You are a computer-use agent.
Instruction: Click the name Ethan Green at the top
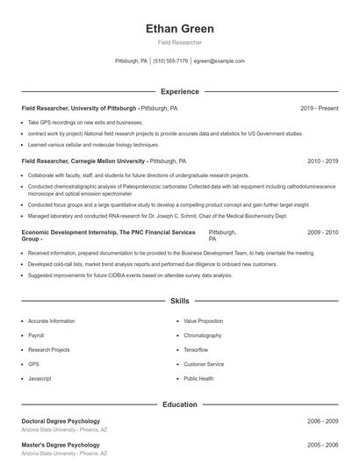[179, 28]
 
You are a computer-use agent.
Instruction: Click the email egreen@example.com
[219, 61]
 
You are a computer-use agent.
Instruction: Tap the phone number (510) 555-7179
[170, 61]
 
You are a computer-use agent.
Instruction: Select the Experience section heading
[179, 91]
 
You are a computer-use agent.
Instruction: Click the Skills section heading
[179, 301]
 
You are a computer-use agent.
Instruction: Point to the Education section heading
[179, 404]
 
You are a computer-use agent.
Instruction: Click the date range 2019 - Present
[319, 109]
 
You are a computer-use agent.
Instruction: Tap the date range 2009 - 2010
[322, 232]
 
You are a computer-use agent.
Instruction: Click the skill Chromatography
[202, 335]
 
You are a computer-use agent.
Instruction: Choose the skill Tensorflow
[197, 349]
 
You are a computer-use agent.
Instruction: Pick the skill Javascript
[40, 378]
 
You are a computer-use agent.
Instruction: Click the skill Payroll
[36, 335]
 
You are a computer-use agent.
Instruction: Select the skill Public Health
[198, 378]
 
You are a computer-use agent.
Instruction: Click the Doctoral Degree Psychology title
[61, 421]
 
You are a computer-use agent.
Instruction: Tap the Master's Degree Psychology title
[61, 445]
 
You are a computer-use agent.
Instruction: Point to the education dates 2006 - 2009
[322, 421]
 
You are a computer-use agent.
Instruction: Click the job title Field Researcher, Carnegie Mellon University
[84, 161]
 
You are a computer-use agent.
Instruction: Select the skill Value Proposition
[203, 321]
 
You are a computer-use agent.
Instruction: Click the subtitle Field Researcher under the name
[179, 42]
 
